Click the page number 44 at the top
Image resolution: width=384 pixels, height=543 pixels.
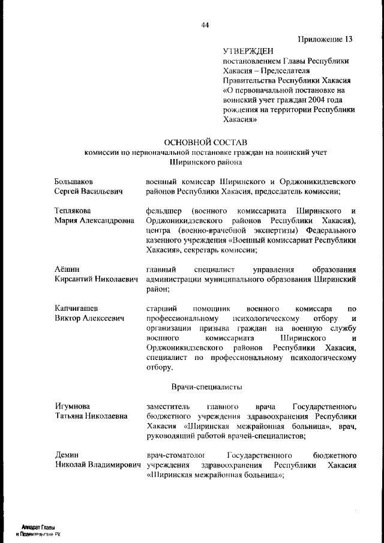205,25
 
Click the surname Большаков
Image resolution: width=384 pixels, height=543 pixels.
74,181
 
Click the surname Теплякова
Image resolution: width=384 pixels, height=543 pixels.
73,211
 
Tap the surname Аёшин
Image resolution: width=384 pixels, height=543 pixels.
67,269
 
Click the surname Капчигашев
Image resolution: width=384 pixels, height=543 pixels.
77,308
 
